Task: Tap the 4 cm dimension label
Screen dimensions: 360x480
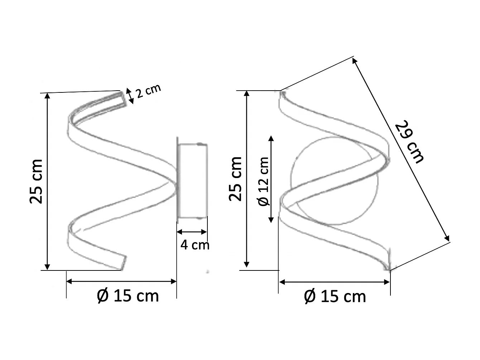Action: coord(195,245)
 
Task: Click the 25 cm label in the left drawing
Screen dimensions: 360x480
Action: coord(37,181)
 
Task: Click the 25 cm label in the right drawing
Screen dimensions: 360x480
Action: coord(236,178)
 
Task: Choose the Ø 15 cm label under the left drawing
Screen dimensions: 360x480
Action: coord(128,296)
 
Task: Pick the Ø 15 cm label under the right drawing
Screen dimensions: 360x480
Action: coord(335,297)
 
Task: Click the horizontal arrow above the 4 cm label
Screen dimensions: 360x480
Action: coord(192,232)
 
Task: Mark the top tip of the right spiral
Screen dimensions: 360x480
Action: coord(283,94)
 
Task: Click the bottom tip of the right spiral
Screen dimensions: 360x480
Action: coord(387,267)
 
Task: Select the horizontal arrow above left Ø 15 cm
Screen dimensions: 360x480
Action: coord(122,282)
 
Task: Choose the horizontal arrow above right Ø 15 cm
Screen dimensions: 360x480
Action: coord(334,282)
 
